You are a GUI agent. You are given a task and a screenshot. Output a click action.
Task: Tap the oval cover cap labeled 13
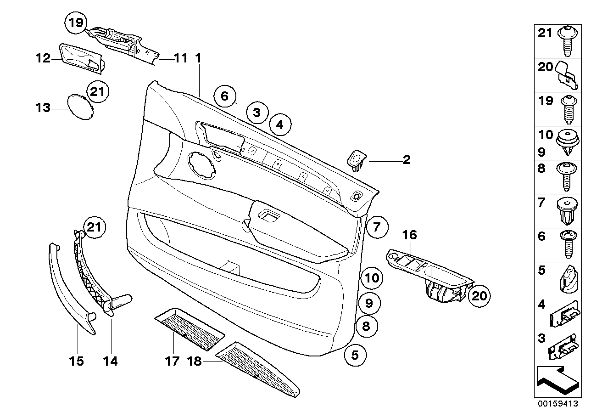(x=81, y=107)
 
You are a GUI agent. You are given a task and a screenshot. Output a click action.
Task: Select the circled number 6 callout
(x=224, y=96)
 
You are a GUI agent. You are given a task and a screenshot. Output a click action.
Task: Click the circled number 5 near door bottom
(x=356, y=355)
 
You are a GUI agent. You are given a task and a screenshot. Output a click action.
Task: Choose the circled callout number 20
(x=479, y=295)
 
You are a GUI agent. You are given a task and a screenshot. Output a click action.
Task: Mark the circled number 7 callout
(x=377, y=227)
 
